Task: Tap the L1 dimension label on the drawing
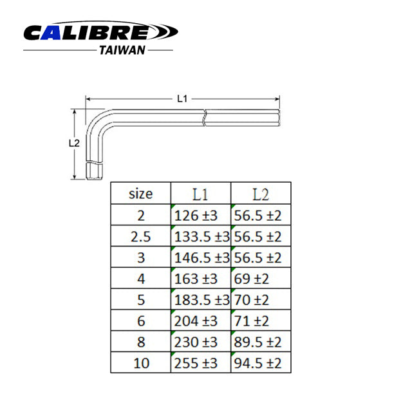click(x=182, y=98)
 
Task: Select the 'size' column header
click(x=140, y=193)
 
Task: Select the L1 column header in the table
click(x=200, y=193)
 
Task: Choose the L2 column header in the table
click(x=260, y=193)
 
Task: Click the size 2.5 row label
click(x=140, y=236)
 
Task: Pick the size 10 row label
click(x=140, y=362)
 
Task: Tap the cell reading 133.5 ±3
click(x=201, y=236)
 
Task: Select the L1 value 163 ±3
click(x=196, y=279)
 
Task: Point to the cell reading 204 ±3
click(x=196, y=321)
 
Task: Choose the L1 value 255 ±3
click(x=196, y=362)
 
